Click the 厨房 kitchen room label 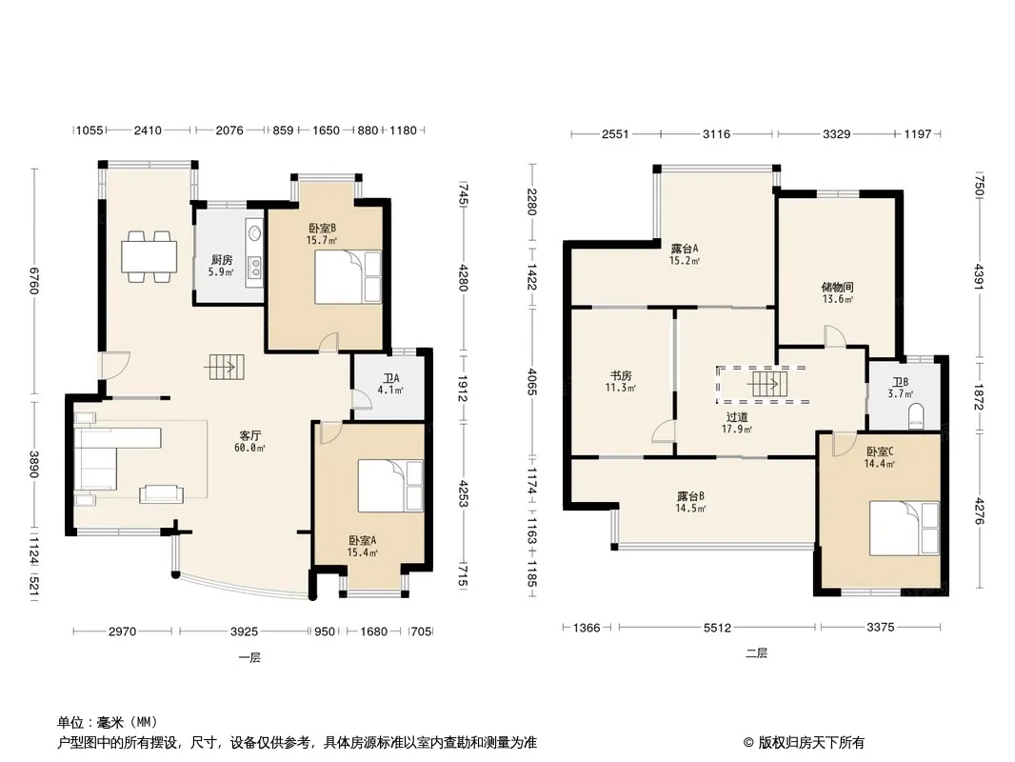click(222, 260)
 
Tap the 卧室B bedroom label click(322, 228)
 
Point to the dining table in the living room click(149, 256)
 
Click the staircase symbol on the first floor click(225, 368)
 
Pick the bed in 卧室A click(390, 486)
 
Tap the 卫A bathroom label click(391, 378)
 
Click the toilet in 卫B click(916, 415)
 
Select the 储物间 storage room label click(837, 287)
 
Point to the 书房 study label click(621, 375)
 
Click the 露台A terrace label click(685, 249)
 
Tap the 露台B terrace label click(690, 496)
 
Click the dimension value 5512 click(717, 628)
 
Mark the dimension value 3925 click(244, 632)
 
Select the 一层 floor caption click(249, 658)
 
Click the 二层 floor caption click(756, 653)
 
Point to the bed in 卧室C click(904, 528)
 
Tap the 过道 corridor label click(737, 417)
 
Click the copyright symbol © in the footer click(748, 743)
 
